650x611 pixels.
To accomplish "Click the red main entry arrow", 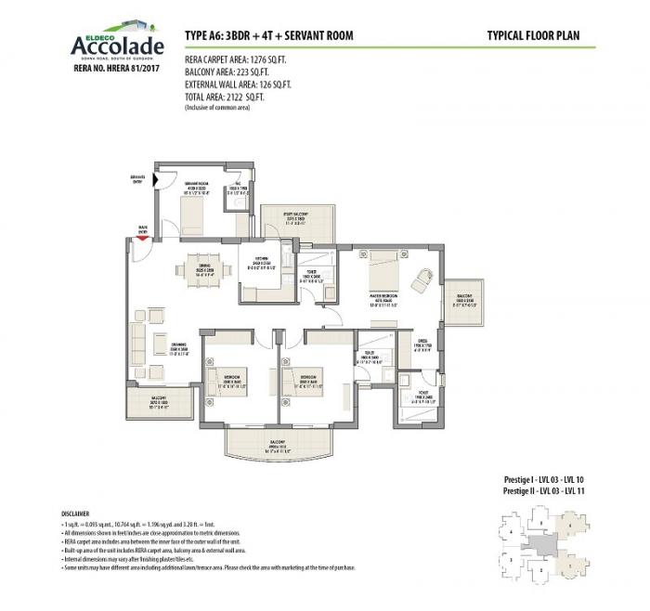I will pos(142,238).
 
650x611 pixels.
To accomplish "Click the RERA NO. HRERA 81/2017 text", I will pos(104,68).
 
